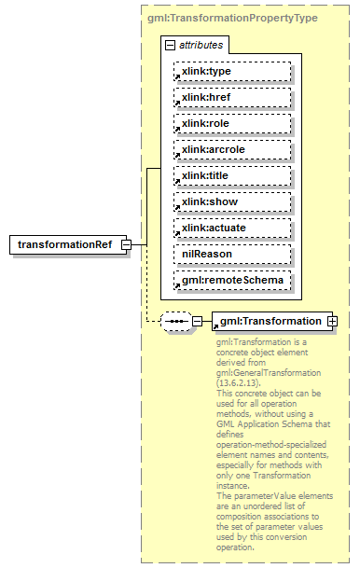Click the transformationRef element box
(66, 245)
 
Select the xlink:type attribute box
(232, 71)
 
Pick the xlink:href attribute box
(232, 97)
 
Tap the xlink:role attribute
(232, 123)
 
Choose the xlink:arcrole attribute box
(232, 149)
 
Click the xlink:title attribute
(232, 175)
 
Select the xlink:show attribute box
(232, 201)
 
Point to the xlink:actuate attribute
(232, 228)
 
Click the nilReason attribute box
(232, 254)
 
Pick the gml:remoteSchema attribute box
(232, 280)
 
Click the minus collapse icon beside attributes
(170, 45)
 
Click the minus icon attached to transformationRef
(127, 245)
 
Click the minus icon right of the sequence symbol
(197, 322)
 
